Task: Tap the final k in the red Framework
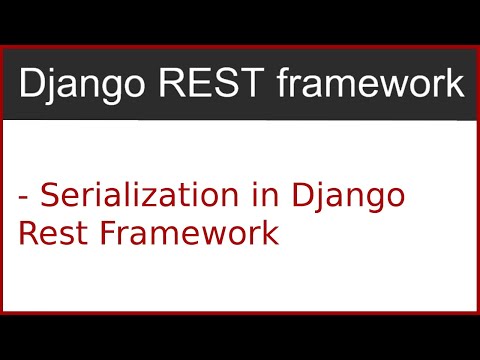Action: [x=267, y=234]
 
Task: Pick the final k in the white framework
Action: [x=455, y=85]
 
